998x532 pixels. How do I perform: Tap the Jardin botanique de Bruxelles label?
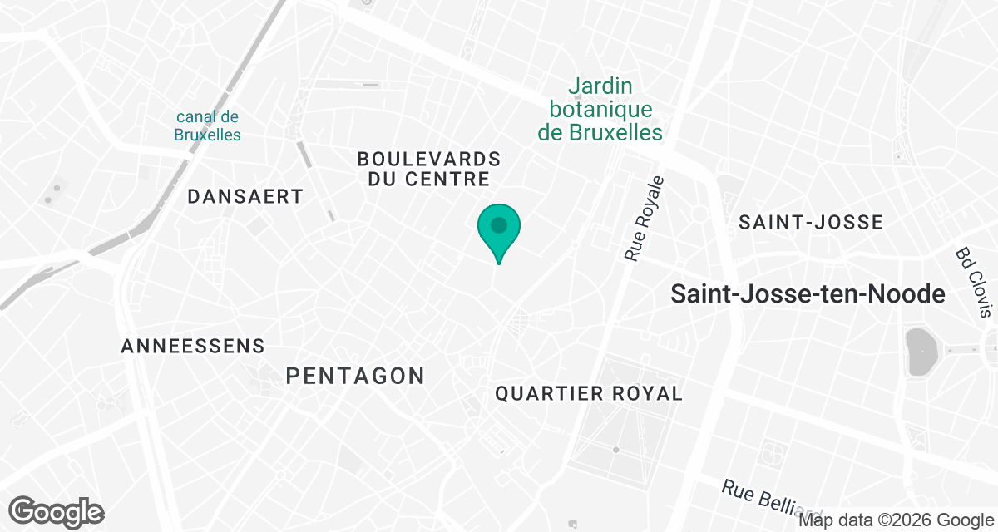click(x=600, y=109)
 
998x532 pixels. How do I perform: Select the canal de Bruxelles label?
click(x=208, y=126)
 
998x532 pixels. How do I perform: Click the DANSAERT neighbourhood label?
click(x=245, y=197)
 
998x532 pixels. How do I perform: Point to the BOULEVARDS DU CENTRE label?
click(x=429, y=168)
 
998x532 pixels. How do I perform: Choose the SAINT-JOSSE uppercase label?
click(x=811, y=222)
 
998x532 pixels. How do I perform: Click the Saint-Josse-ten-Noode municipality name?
click(x=808, y=294)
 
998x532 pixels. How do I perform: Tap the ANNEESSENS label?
click(x=193, y=347)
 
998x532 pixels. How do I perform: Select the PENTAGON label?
click(x=355, y=376)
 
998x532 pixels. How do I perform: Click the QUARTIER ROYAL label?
click(x=589, y=394)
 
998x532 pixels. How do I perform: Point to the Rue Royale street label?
click(x=645, y=219)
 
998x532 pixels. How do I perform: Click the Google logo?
click(x=57, y=511)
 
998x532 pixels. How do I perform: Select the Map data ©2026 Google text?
click(x=896, y=520)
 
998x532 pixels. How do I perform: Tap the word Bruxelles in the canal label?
click(x=208, y=135)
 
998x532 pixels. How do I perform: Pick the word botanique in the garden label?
click(x=600, y=109)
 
